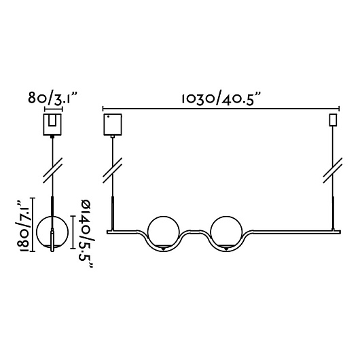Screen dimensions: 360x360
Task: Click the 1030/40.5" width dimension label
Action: pos(221,98)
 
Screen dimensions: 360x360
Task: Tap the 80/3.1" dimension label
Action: pos(52,98)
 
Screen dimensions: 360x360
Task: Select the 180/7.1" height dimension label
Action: pos(23,227)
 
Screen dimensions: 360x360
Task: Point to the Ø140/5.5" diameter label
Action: pos(87,234)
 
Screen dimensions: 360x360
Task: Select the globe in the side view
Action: pos(37,232)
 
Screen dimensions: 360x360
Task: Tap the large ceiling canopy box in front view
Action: pos(113,124)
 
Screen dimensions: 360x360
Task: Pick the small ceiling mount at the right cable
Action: pos(333,120)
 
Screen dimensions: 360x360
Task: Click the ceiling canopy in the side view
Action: pos(52,124)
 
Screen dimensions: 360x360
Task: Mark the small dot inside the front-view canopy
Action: pos(108,117)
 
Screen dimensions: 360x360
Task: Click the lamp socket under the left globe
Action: pos(163,248)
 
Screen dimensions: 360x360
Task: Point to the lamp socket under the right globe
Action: pos(226,248)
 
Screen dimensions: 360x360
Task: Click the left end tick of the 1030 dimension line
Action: pos(103,109)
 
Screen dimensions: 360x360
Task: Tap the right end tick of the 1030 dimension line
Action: pos(339,109)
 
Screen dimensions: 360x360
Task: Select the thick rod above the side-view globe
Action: pos(52,206)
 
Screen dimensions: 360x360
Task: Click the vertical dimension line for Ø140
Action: pos(73,232)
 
